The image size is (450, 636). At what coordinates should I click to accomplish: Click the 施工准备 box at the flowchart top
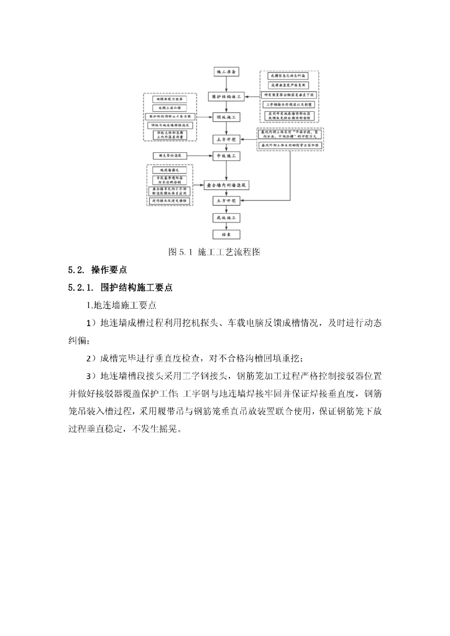[x=226, y=72]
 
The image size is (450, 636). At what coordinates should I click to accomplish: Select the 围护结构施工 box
[x=226, y=97]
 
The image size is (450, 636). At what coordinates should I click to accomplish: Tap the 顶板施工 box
[x=226, y=117]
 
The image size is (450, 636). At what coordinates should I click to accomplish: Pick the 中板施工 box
[x=226, y=157]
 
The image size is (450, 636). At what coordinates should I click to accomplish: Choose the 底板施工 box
[x=226, y=219]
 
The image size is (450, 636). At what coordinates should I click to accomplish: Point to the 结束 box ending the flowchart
[x=226, y=235]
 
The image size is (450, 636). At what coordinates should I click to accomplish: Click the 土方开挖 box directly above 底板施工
[x=226, y=201]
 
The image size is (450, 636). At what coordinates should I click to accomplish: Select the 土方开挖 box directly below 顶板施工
[x=226, y=139]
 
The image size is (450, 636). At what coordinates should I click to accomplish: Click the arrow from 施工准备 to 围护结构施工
[x=226, y=84]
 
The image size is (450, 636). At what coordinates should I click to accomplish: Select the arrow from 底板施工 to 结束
[x=226, y=227]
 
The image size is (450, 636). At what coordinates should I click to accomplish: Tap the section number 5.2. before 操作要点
[x=76, y=270]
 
